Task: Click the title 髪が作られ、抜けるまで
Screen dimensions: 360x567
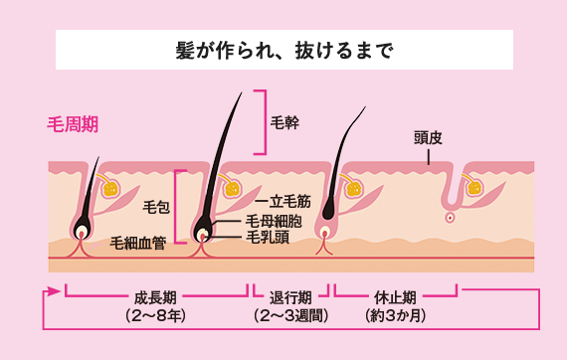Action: point(283,50)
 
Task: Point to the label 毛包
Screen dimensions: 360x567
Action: point(157,206)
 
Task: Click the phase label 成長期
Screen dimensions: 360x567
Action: point(157,295)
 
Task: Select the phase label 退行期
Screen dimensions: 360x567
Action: point(290,295)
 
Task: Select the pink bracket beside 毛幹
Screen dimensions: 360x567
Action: point(264,122)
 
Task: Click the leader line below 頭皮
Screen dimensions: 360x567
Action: point(428,156)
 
